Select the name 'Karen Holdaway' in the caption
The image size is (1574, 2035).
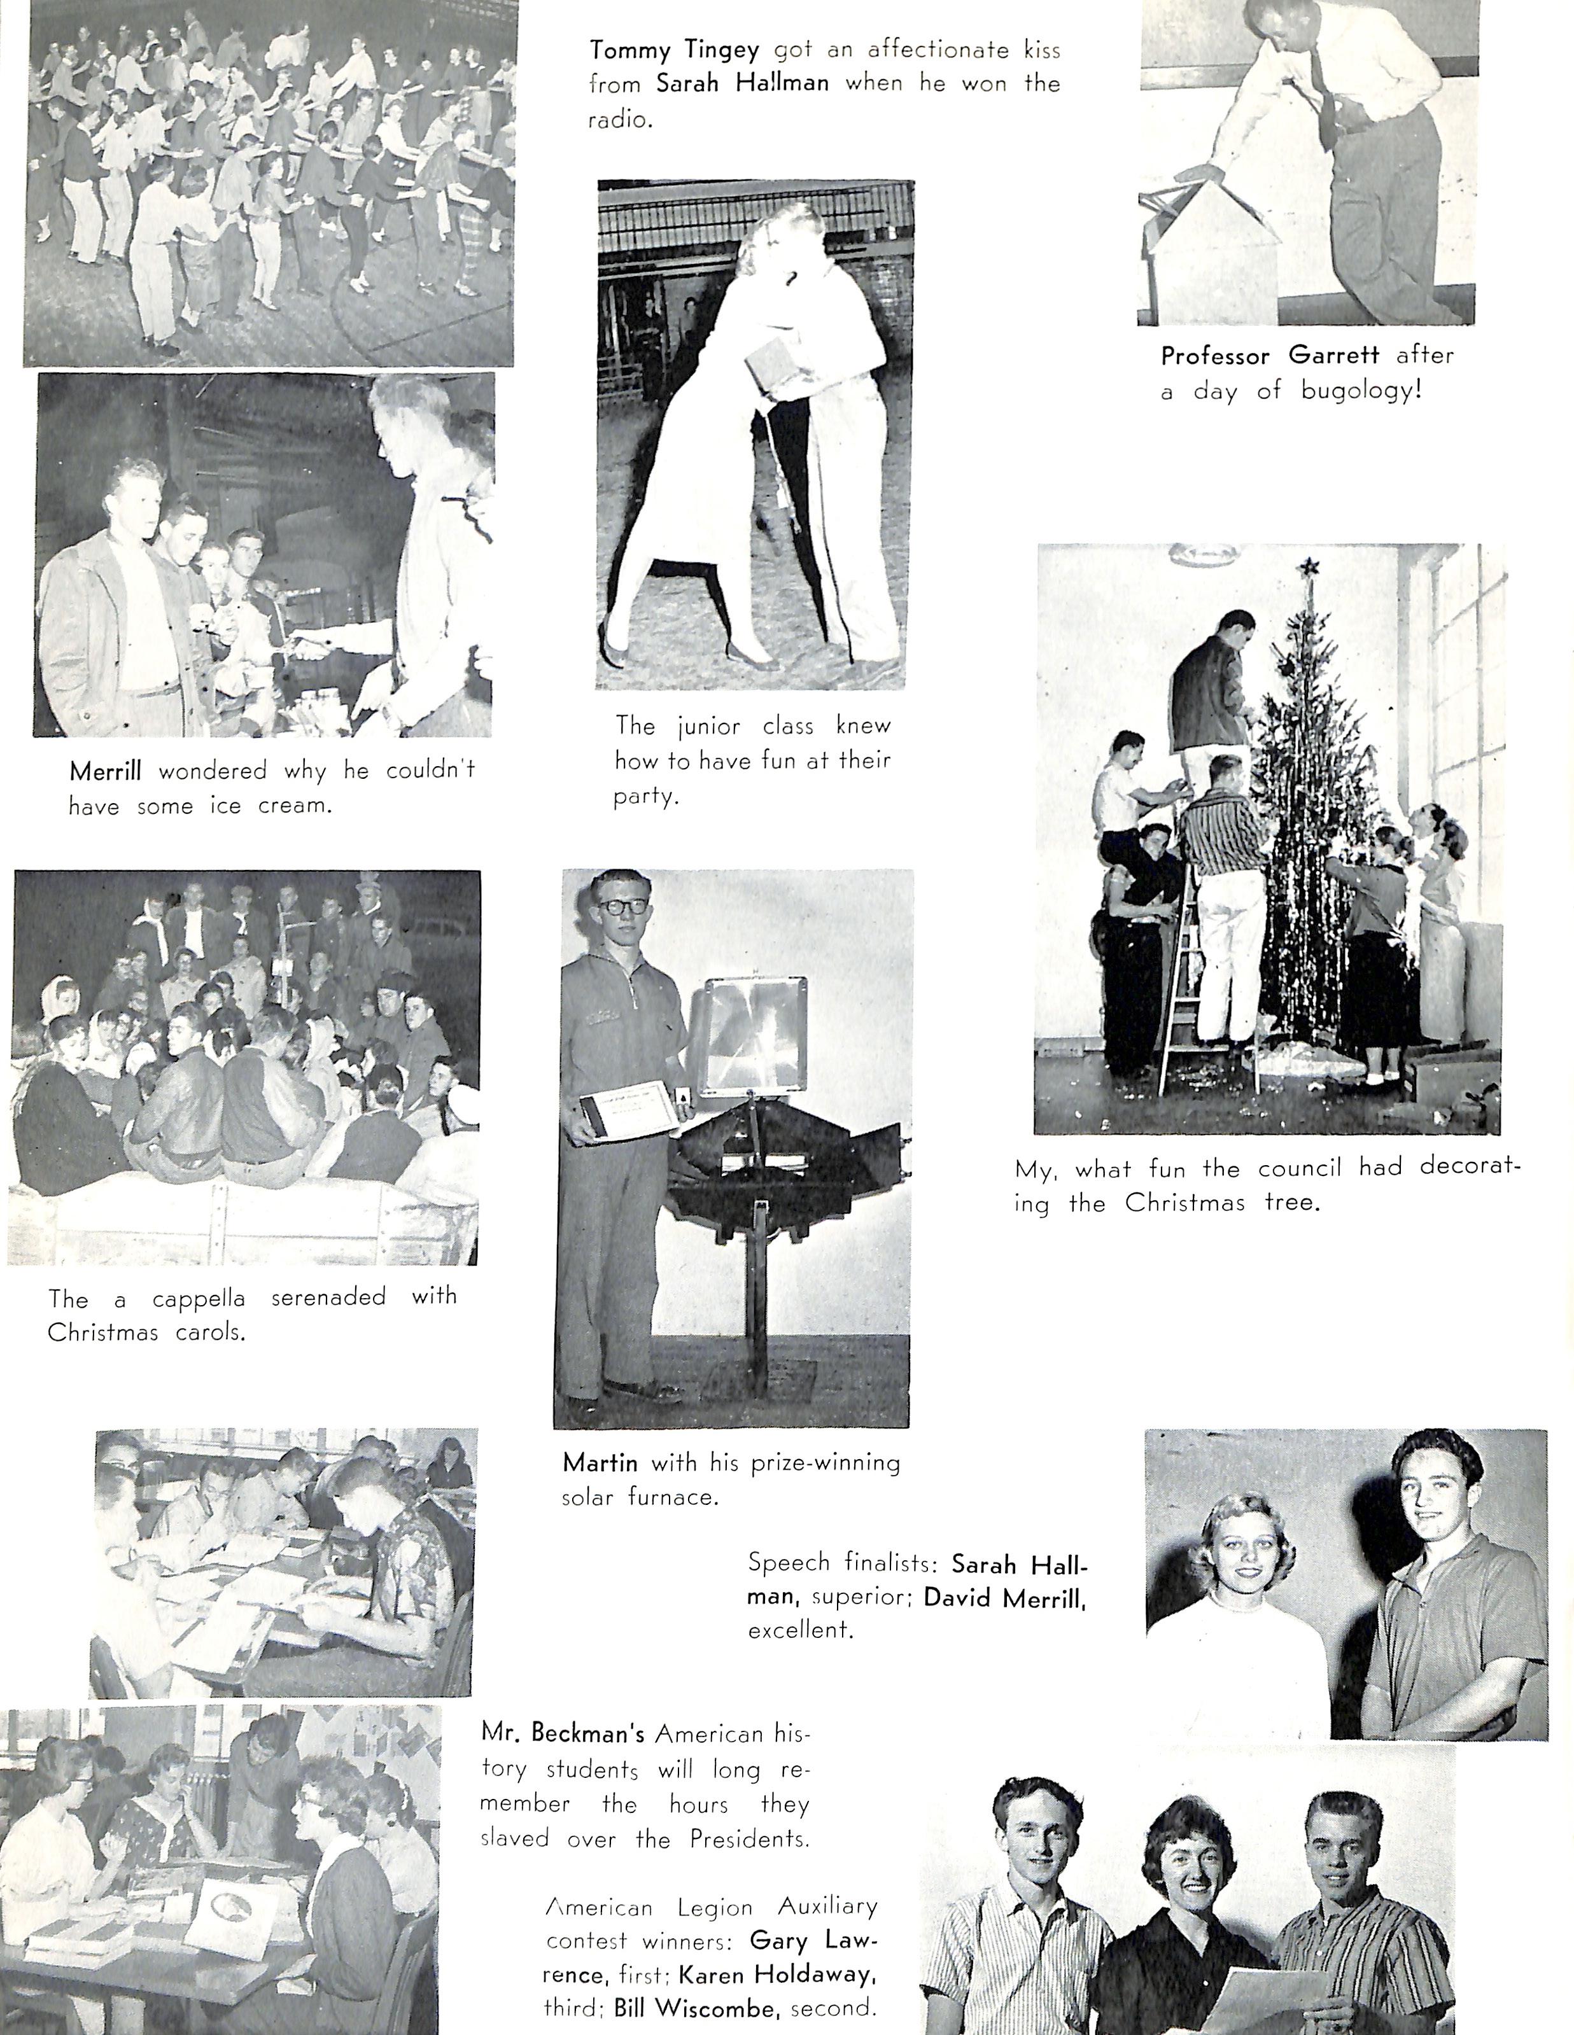point(776,1973)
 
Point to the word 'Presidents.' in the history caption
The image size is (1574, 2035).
point(749,1838)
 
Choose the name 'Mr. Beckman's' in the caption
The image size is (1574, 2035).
point(562,1732)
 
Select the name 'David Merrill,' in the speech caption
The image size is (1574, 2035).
point(1004,1597)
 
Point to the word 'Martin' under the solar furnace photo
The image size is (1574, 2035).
point(599,1462)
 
